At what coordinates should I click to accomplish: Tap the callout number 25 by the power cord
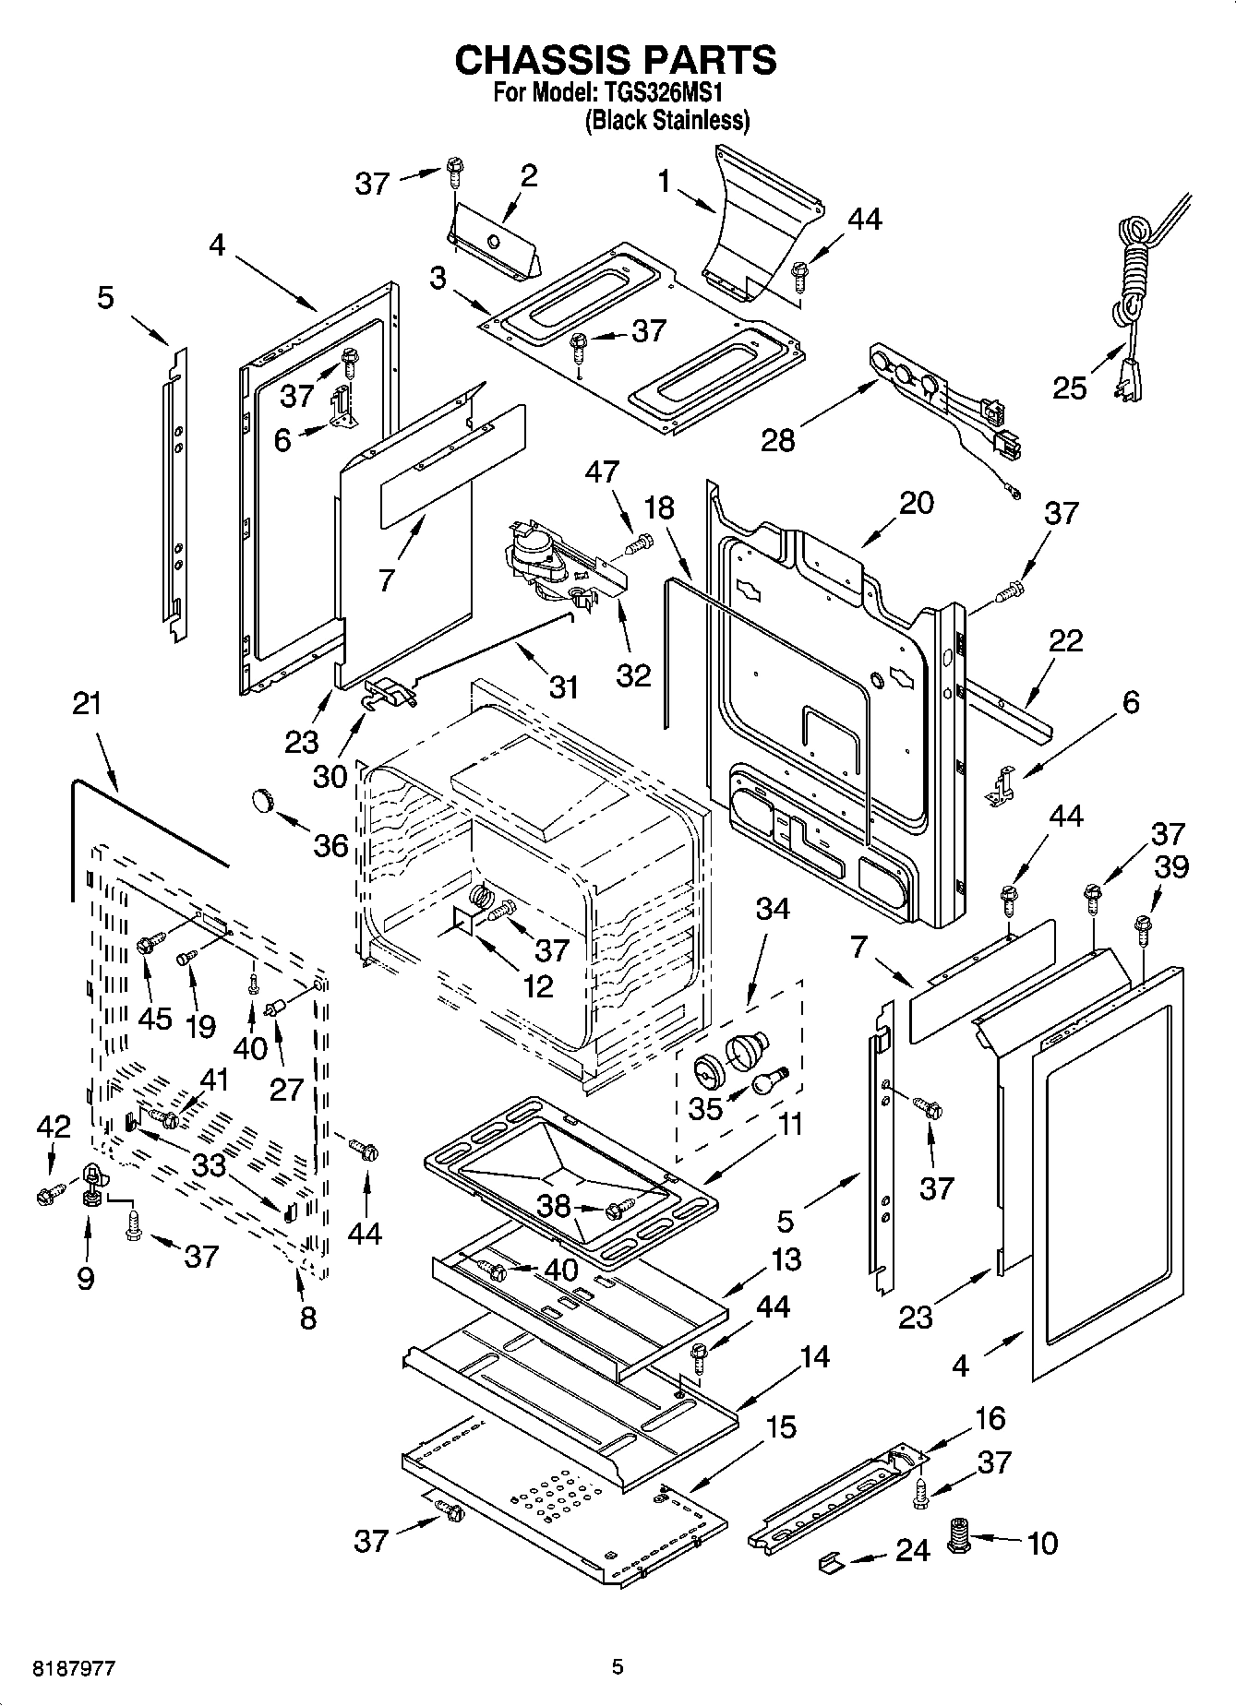[x=1071, y=388]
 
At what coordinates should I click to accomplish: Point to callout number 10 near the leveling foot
[x=1042, y=1543]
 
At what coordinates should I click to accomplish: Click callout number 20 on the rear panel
[x=916, y=503]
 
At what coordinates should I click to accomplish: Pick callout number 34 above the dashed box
[x=773, y=909]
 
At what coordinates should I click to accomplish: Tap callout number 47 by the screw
[x=602, y=472]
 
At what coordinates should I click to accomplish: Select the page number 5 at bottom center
[x=618, y=1667]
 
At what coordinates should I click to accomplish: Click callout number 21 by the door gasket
[x=86, y=703]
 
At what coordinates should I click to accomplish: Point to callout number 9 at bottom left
[x=85, y=1280]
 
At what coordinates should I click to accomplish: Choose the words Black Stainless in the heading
[x=667, y=120]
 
